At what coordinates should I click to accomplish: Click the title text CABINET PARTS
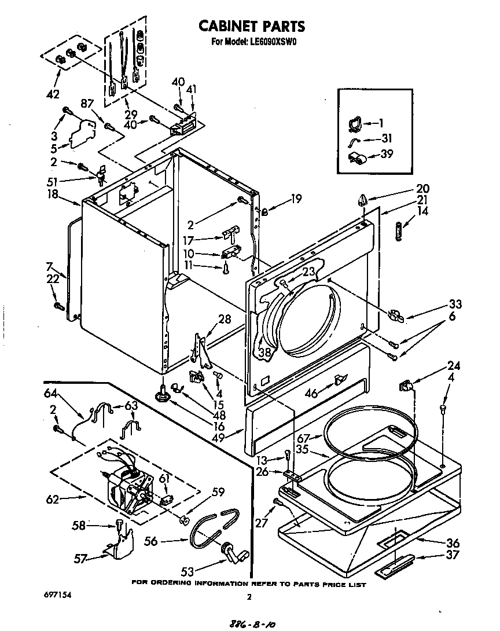click(251, 26)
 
